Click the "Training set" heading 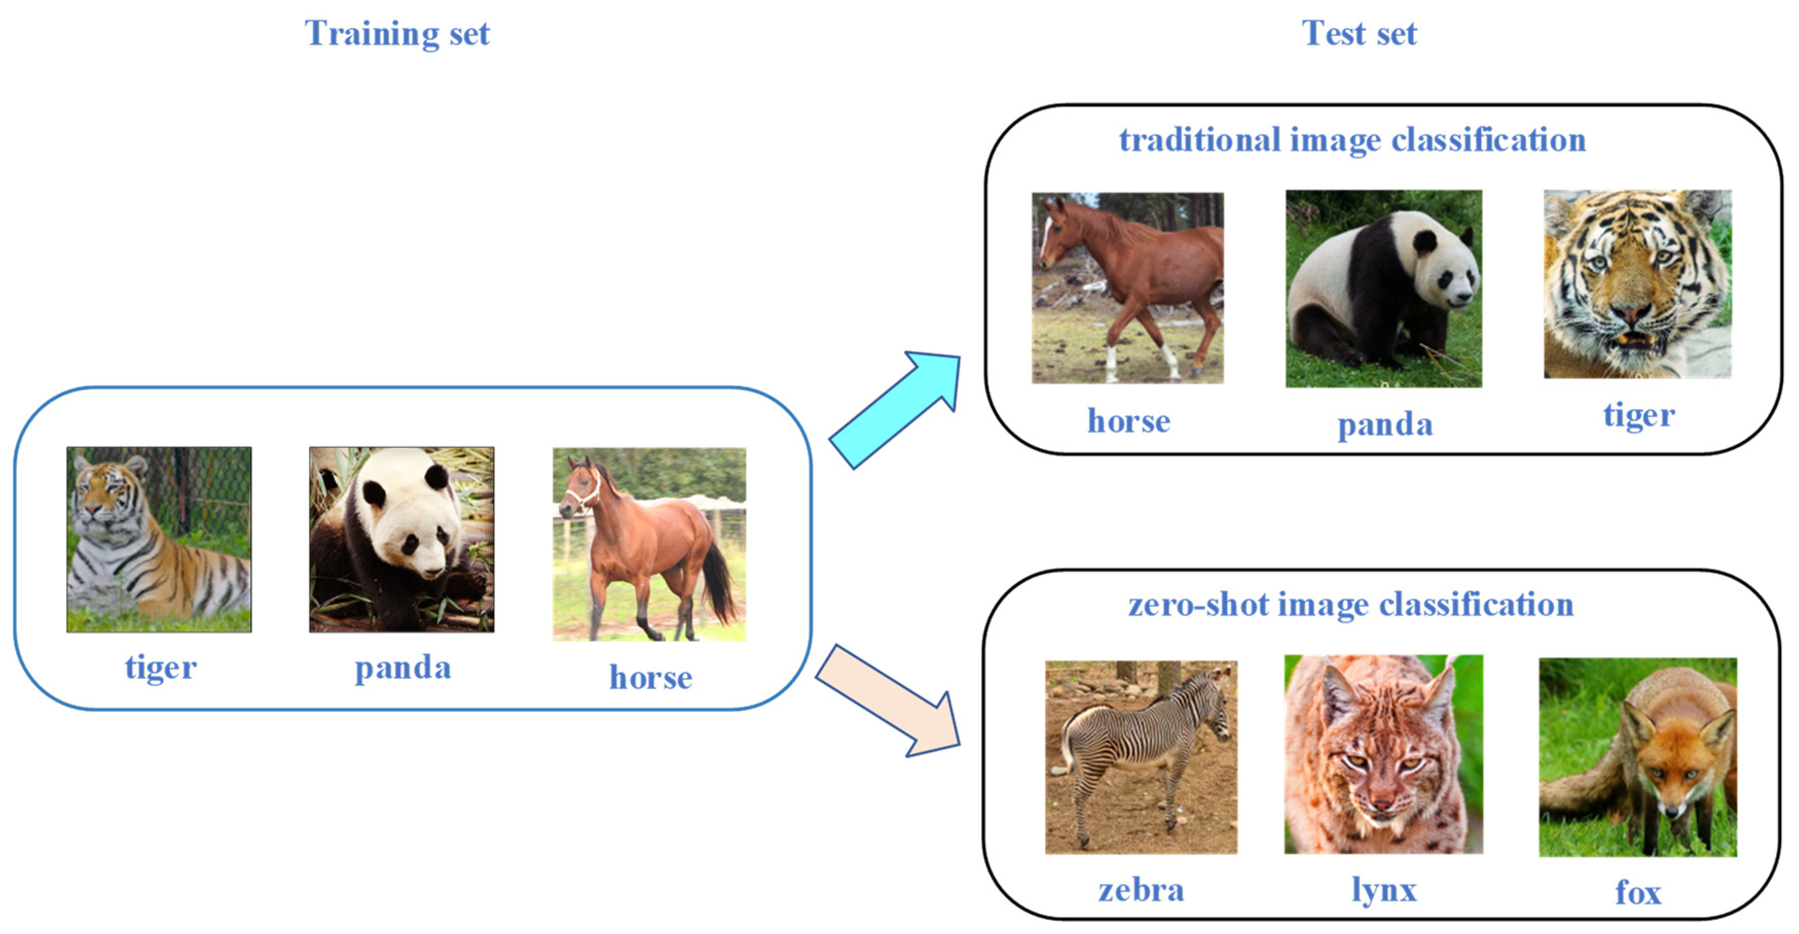tap(397, 33)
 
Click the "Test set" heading tap(1359, 33)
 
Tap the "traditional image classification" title tap(1352, 140)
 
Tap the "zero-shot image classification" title tap(1351, 605)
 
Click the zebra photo tap(1141, 757)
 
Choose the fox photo tap(1637, 757)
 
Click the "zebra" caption tap(1141, 890)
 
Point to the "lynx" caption tap(1384, 890)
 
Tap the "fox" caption tap(1638, 893)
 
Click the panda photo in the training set tap(401, 540)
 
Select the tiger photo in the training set tap(159, 540)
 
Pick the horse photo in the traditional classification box tap(1127, 288)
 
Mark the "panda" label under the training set tap(403, 669)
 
